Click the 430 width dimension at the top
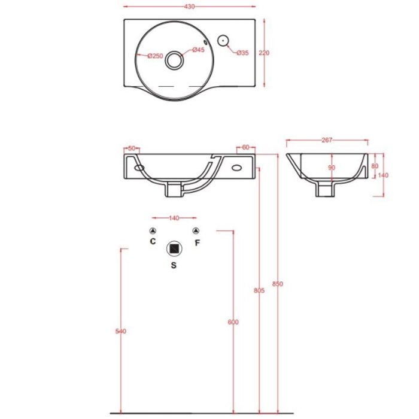189,7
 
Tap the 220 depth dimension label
264,53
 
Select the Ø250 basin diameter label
155,56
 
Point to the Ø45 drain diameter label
199,50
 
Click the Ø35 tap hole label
242,53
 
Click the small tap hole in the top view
223,41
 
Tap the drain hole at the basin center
174,60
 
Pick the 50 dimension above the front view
132,148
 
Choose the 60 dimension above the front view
245,147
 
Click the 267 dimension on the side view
327,140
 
